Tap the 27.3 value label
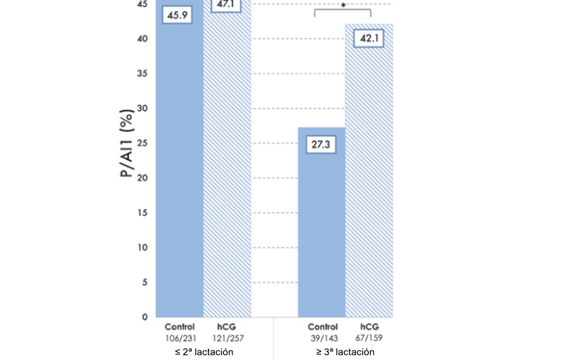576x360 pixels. [x=322, y=144]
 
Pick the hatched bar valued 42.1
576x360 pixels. [x=369, y=187]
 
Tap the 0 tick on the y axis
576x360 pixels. [x=145, y=317]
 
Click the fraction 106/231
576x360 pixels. [x=179, y=337]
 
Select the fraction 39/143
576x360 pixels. [x=322, y=337]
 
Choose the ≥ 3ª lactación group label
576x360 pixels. [x=345, y=351]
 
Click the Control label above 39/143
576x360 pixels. [x=322, y=327]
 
